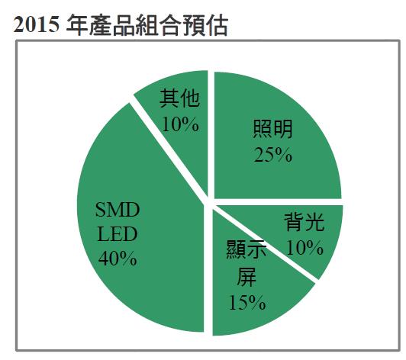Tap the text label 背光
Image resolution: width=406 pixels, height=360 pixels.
point(304,223)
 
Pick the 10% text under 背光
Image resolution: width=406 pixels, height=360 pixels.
point(304,247)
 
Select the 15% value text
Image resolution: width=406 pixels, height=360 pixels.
point(247,301)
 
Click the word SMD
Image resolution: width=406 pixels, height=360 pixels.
point(118,210)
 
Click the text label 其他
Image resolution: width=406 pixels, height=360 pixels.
point(180,97)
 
